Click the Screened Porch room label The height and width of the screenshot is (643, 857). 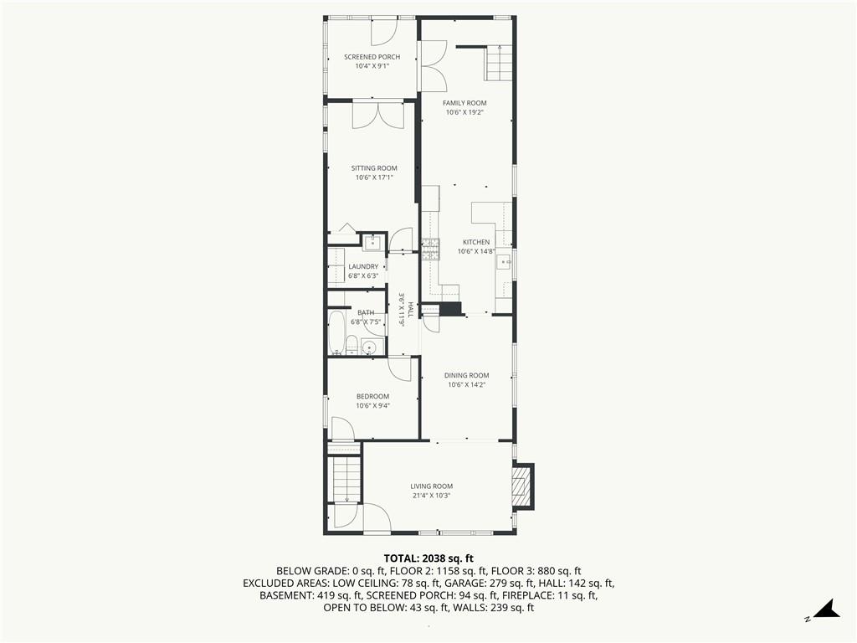(x=372, y=57)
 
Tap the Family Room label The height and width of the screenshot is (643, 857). (x=464, y=103)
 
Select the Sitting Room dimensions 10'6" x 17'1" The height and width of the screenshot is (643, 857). (x=374, y=177)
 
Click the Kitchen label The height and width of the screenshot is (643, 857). (x=476, y=242)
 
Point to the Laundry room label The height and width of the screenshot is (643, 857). (x=363, y=267)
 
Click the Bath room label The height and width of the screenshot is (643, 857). (x=366, y=313)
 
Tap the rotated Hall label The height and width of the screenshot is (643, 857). (x=410, y=310)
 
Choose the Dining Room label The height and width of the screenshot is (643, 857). (x=467, y=375)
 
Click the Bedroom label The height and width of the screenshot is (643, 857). (x=372, y=396)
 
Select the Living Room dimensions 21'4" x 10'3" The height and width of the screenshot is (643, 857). (x=431, y=496)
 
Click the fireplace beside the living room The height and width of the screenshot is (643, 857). (x=522, y=486)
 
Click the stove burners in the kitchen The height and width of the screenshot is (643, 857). (x=431, y=249)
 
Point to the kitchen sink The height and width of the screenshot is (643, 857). (x=503, y=262)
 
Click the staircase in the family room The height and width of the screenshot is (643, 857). (x=499, y=63)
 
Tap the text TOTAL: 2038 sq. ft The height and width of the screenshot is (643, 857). (x=428, y=558)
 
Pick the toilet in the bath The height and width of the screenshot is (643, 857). (x=352, y=345)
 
